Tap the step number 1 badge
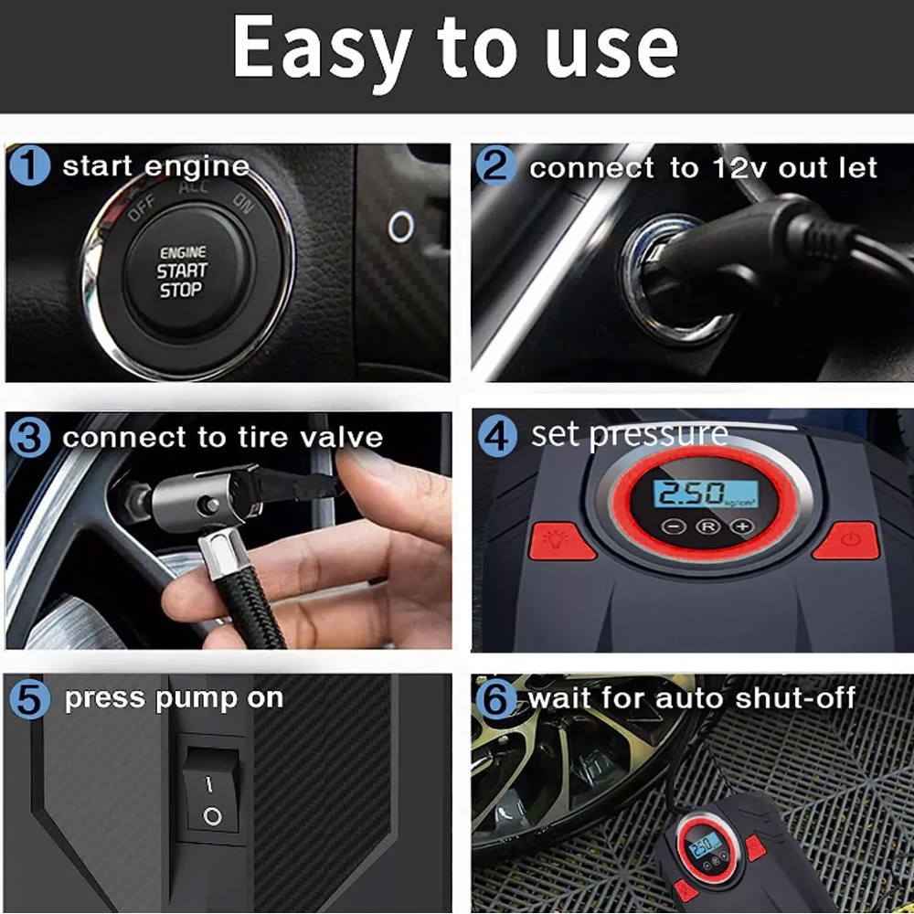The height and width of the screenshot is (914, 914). click(30, 165)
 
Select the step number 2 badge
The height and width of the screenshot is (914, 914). click(495, 165)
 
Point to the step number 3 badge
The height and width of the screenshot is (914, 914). click(30, 437)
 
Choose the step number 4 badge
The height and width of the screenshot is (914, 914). click(497, 436)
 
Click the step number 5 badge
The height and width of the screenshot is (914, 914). click(30, 698)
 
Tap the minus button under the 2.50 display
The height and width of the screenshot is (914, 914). click(674, 526)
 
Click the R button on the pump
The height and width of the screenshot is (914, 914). click(707, 526)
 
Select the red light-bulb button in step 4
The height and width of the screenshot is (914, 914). click(561, 541)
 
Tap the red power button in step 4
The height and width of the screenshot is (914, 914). click(847, 540)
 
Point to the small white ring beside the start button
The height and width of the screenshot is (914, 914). click(401, 227)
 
